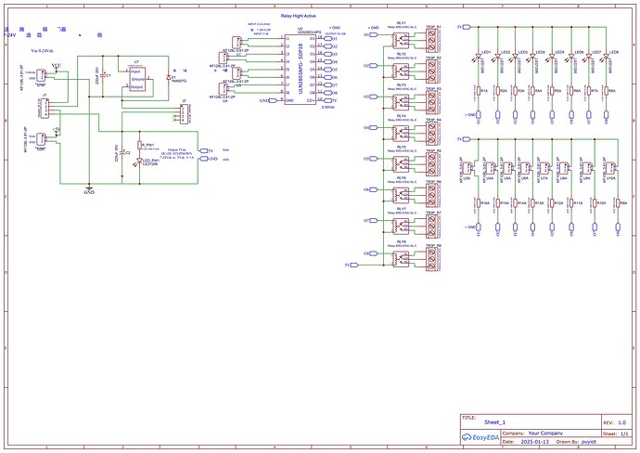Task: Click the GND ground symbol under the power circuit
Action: [x=89, y=188]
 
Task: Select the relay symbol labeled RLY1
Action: [x=400, y=38]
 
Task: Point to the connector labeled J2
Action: [x=184, y=112]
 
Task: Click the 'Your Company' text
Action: [x=546, y=434]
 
